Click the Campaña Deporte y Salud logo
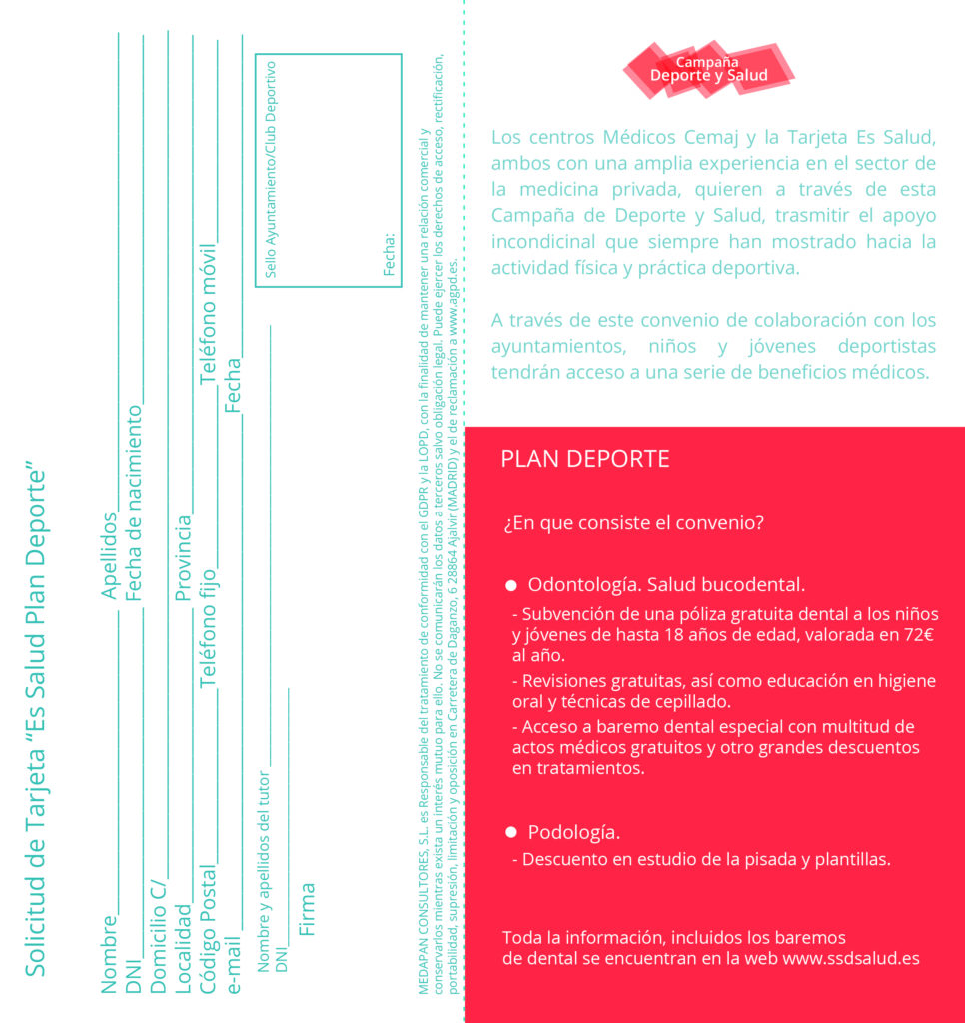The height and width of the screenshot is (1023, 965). tap(709, 69)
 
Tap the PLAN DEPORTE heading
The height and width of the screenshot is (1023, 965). tap(585, 459)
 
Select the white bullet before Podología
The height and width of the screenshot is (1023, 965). tap(510, 832)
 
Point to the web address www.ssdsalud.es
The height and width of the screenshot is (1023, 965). tap(851, 958)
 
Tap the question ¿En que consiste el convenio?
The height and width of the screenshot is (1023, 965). tap(634, 522)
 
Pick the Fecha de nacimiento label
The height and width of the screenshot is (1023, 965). tap(134, 505)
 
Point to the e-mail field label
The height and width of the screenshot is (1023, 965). tap(233, 964)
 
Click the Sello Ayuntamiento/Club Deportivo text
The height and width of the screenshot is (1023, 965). tap(270, 169)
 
